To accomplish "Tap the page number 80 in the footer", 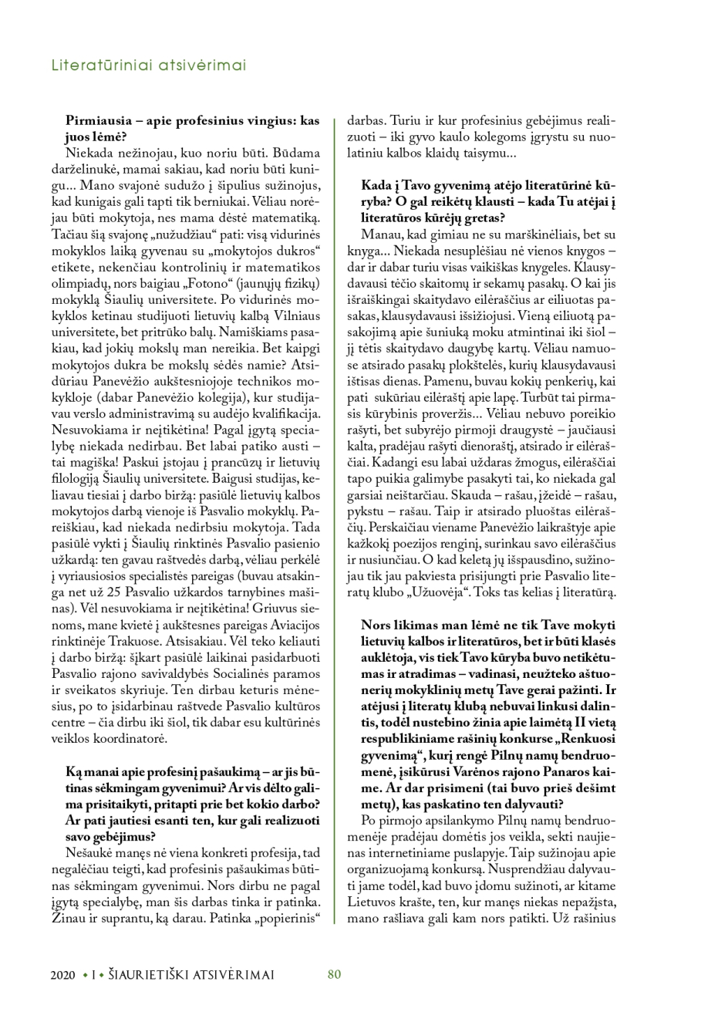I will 334,974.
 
